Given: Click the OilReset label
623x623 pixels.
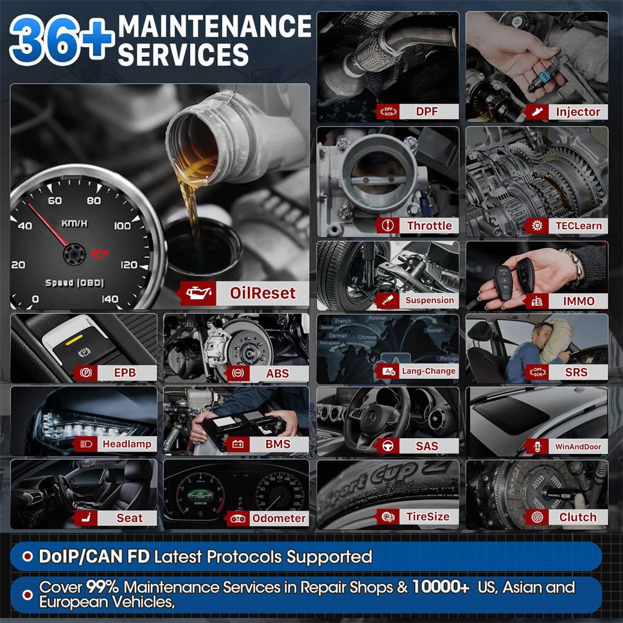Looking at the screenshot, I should coord(262,294).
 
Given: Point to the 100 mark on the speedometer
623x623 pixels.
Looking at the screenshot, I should coord(122,225).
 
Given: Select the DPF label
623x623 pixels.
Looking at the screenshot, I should coord(426,112).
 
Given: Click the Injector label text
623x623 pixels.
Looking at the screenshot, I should coord(578,112).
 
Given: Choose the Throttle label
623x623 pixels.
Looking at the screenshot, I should coord(429,225).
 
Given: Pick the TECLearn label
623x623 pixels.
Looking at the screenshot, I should coord(579,225).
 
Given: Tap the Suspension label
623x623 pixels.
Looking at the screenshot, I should coord(429,300).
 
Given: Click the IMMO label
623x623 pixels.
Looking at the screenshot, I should coord(579,301).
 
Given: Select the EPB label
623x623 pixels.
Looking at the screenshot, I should coord(125,373).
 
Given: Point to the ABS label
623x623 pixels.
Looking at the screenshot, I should coord(277,373).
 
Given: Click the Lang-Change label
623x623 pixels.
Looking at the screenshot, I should coord(428,371).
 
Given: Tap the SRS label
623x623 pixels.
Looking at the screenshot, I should coord(576,372).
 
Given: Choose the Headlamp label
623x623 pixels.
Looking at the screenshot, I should coord(127,444).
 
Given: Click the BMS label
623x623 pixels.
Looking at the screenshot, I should coord(277,444).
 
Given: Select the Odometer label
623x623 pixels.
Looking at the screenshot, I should coord(278,518).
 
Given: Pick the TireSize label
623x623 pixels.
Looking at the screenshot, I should coord(428,516).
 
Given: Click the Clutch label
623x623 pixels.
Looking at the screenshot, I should coord(577,517).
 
